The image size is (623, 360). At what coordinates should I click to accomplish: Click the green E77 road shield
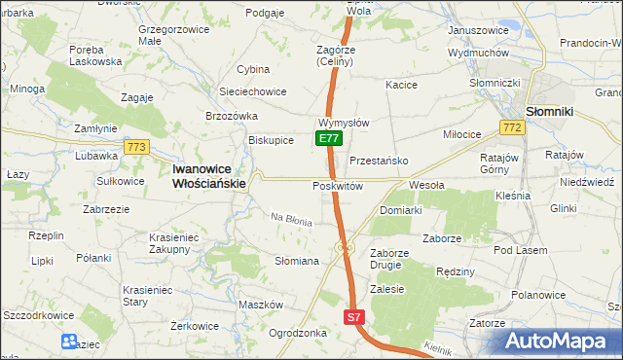pyautogui.click(x=329, y=139)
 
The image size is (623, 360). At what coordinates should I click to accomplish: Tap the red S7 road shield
pyautogui.click(x=355, y=317)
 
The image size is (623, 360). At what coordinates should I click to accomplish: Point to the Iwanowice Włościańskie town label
pyautogui.click(x=209, y=174)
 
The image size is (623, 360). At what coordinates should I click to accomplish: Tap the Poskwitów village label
pyautogui.click(x=338, y=185)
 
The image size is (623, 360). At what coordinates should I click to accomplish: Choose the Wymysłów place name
pyautogui.click(x=343, y=124)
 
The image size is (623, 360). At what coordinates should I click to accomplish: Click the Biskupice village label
pyautogui.click(x=271, y=139)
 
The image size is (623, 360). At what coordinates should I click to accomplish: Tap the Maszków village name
pyautogui.click(x=260, y=305)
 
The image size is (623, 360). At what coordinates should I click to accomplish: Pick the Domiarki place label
pyautogui.click(x=400, y=209)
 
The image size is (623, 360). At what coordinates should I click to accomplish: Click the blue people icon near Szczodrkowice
pyautogui.click(x=69, y=342)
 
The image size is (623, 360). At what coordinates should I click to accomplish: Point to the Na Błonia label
pyautogui.click(x=291, y=220)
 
